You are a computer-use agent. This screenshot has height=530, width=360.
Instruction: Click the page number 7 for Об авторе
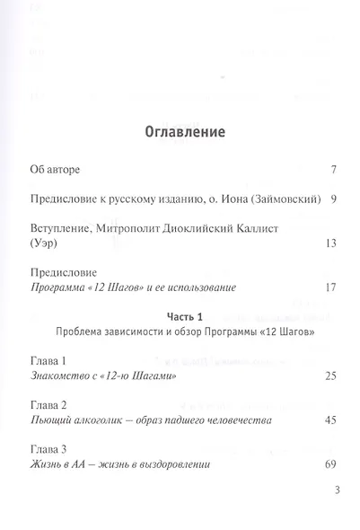point(332,169)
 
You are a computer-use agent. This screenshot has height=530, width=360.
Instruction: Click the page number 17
point(329,287)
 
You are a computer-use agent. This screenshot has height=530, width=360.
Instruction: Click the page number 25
point(329,375)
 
